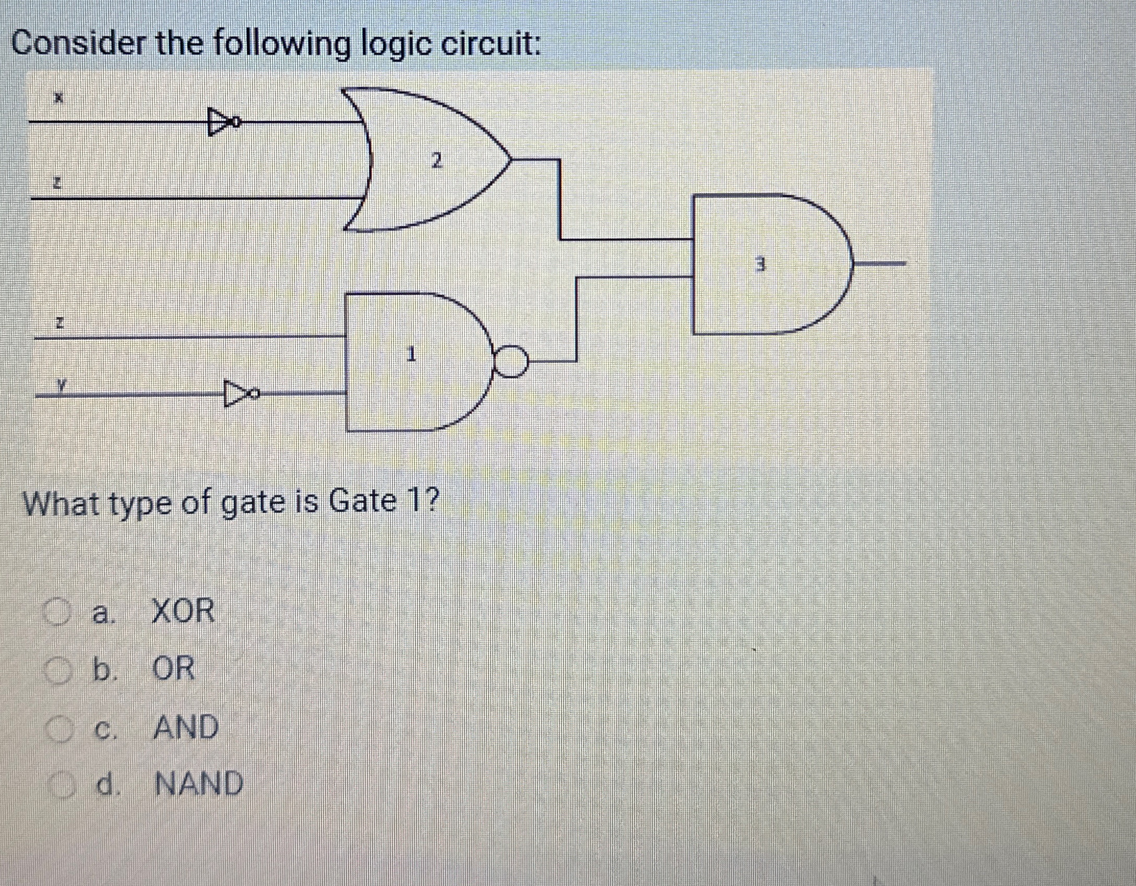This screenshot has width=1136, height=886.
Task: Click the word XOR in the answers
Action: tap(182, 611)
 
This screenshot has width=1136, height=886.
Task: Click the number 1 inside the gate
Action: tap(411, 355)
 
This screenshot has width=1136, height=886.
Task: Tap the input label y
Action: tap(62, 385)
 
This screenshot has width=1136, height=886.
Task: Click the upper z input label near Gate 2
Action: tap(59, 183)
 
